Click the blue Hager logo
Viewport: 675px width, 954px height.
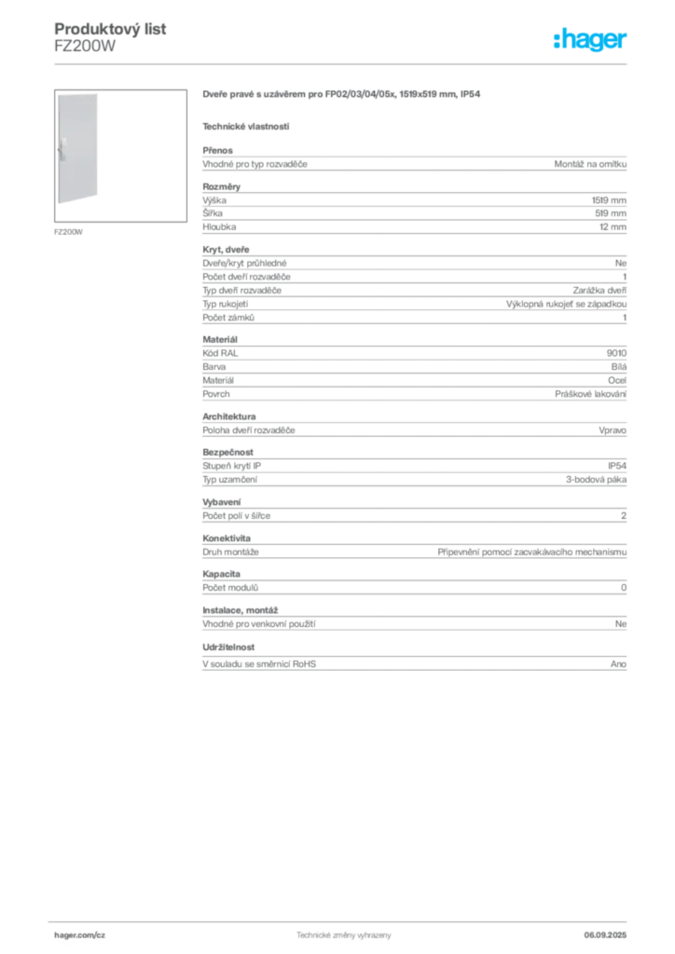tap(591, 42)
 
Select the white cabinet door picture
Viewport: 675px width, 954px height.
tap(78, 149)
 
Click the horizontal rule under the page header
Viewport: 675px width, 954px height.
tap(343, 62)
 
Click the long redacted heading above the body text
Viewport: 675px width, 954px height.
tap(343, 95)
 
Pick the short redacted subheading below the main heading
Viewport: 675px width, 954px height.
tap(246, 126)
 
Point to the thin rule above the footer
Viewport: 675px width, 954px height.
tap(343, 919)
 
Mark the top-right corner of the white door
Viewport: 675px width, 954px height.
tap(103, 93)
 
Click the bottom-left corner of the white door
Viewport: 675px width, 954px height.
tap(55, 207)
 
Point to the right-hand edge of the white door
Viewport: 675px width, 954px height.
tap(103, 149)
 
